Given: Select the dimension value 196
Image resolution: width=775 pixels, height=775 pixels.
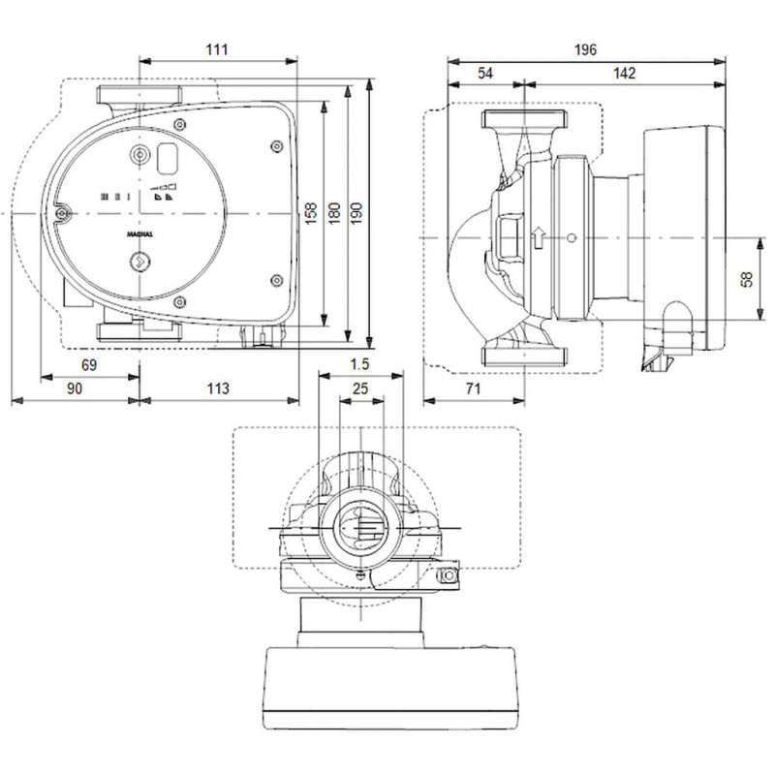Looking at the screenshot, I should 585,48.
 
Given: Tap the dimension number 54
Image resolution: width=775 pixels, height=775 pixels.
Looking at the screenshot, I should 485,74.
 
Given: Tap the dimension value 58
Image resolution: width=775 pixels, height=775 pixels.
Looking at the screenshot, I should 745,278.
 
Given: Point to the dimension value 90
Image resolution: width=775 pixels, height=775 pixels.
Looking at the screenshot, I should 74,387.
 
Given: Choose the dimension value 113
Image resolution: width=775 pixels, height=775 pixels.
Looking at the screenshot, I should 219,387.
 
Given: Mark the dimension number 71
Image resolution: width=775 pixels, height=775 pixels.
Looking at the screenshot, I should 475,387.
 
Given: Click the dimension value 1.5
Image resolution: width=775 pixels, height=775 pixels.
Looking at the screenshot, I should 359,364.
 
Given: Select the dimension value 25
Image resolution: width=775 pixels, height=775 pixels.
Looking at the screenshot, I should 360,387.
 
